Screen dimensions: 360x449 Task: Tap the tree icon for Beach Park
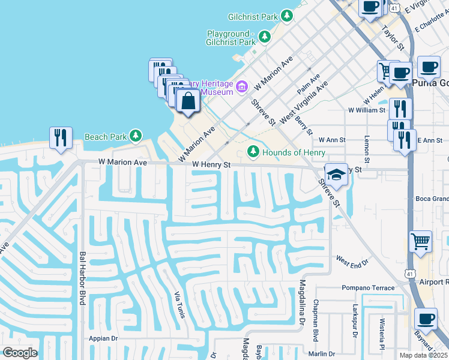(x=137, y=136)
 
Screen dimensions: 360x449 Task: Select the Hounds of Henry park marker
(x=253, y=152)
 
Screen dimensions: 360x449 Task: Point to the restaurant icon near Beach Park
(x=61, y=137)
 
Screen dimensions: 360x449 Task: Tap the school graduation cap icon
(x=337, y=175)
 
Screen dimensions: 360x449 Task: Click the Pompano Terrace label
(x=368, y=288)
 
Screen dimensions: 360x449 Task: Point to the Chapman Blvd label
(x=316, y=323)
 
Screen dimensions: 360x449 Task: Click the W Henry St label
(x=211, y=164)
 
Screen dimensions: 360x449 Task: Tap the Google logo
(x=20, y=353)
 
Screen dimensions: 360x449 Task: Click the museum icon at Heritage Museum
(x=243, y=88)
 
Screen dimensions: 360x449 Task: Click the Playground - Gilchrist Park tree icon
(x=265, y=38)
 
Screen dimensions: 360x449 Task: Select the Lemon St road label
(x=367, y=149)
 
